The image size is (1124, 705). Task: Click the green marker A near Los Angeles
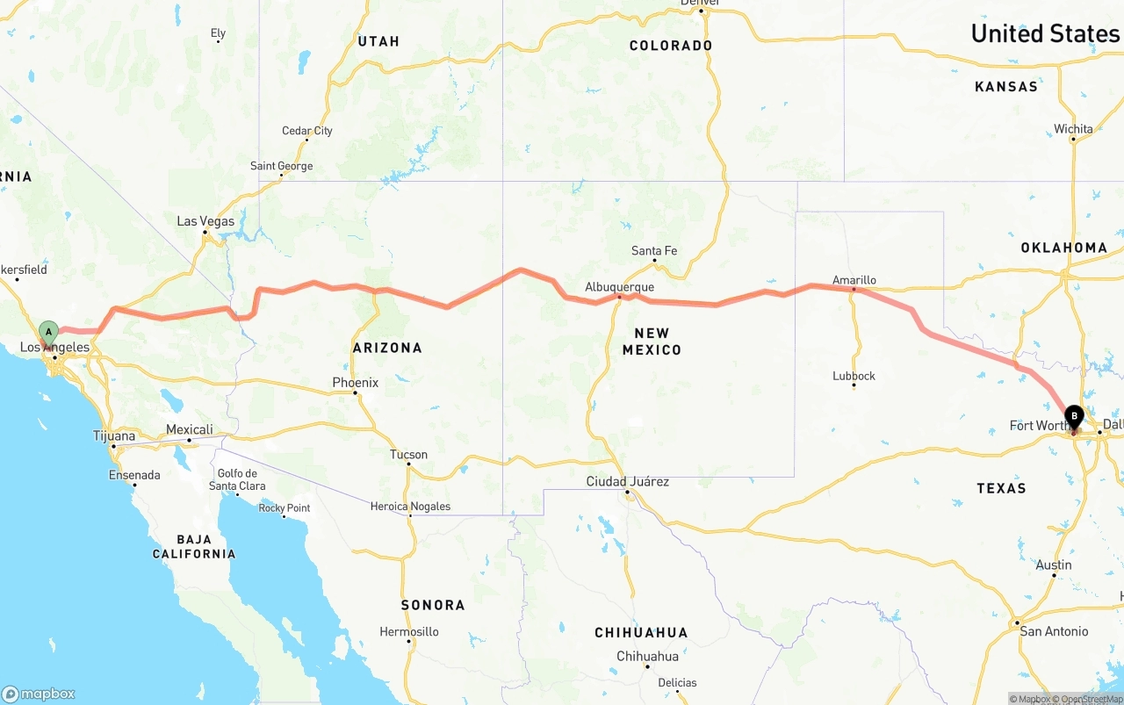49,332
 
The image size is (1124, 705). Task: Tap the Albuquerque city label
620,287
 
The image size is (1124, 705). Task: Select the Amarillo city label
854,280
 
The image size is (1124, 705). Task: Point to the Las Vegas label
205,221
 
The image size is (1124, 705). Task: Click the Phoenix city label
355,383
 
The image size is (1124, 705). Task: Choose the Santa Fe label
654,251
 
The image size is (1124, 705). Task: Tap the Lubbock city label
854,376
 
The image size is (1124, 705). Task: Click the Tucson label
408,455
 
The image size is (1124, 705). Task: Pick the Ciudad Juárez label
628,481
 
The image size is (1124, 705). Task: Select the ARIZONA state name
387,348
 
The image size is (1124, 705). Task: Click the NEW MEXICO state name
652,341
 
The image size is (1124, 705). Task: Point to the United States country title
1045,33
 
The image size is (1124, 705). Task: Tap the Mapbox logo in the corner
39,694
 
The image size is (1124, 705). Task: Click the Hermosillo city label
408,631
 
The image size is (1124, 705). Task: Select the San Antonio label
1054,631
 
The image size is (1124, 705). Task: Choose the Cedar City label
306,131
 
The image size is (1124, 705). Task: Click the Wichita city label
1073,129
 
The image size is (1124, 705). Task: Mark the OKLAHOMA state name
1063,248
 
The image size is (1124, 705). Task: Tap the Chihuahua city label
647,656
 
